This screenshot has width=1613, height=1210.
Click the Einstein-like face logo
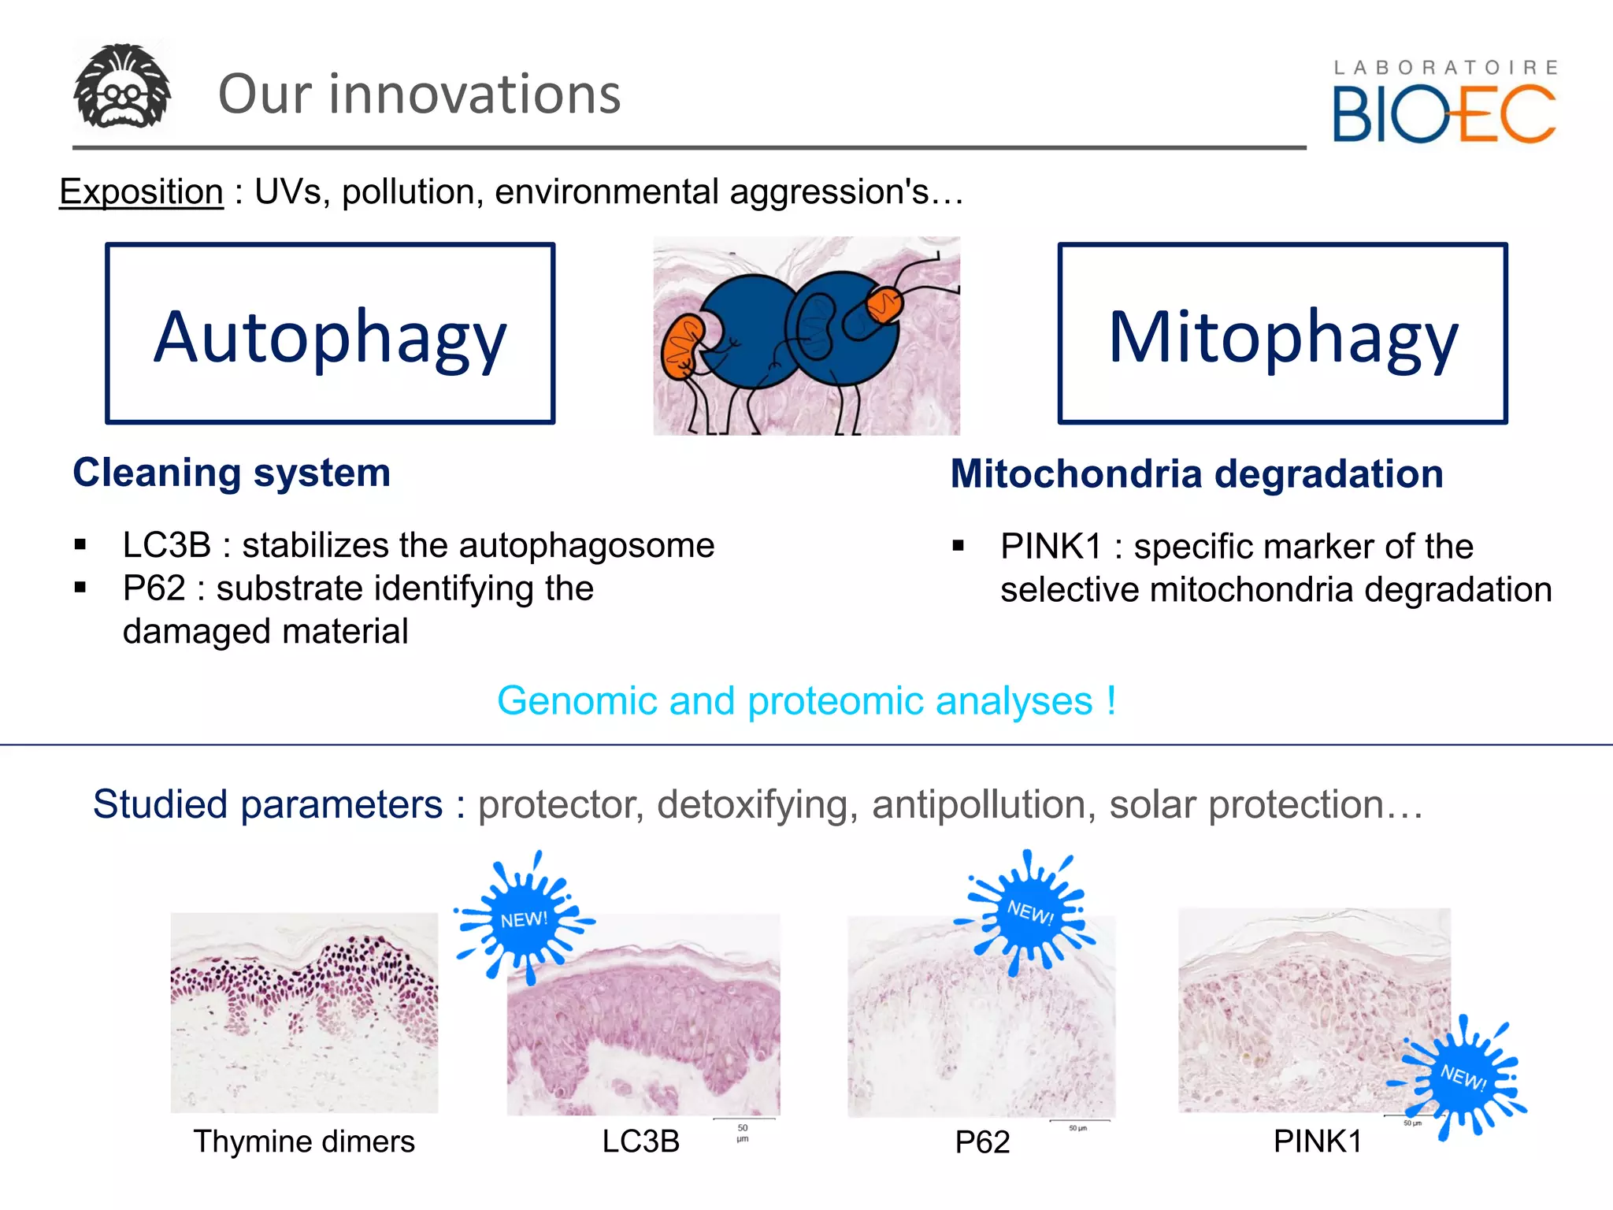[x=122, y=87]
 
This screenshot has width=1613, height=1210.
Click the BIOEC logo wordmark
[x=1443, y=115]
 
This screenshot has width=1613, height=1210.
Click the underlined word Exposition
[x=142, y=191]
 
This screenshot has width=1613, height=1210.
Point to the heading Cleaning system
[x=232, y=473]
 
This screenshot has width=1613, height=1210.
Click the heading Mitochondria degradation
[x=1196, y=474]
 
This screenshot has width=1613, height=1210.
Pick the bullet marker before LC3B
[x=80, y=545]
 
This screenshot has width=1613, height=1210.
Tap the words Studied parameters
[x=268, y=804]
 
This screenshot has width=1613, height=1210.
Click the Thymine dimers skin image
[x=304, y=1012]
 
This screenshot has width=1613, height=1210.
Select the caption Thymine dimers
[x=304, y=1141]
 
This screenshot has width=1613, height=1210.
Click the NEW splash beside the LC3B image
[x=524, y=919]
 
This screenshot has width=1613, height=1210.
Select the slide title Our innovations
[x=419, y=94]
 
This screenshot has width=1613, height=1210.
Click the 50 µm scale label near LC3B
[x=743, y=1133]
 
